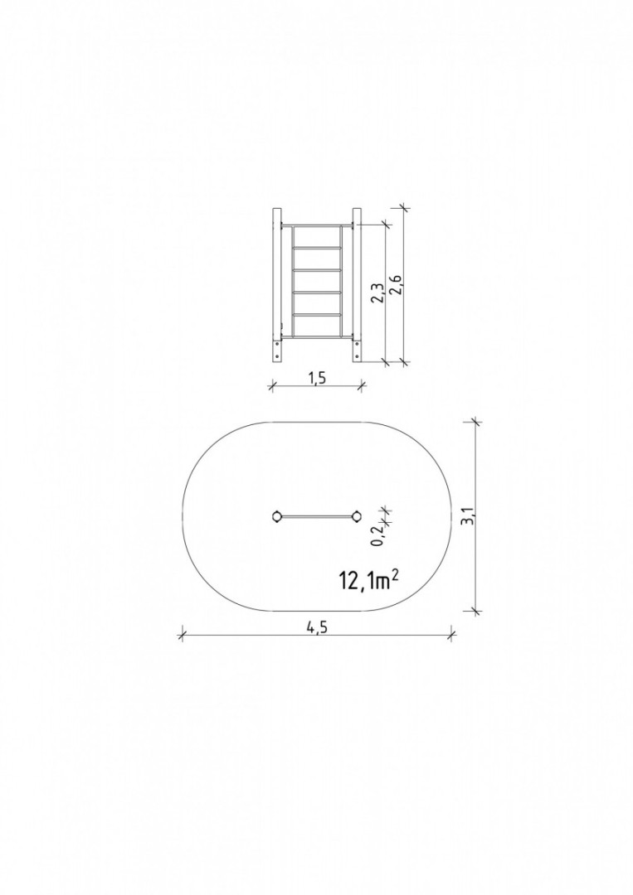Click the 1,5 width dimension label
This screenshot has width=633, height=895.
click(x=317, y=378)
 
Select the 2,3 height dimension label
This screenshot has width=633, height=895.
click(x=377, y=292)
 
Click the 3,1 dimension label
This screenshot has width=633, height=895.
click(x=470, y=515)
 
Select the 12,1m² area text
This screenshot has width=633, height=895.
click(x=368, y=580)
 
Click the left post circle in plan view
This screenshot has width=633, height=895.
click(x=277, y=516)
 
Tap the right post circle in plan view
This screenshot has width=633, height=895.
click(x=357, y=516)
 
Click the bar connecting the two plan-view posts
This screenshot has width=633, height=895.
click(x=317, y=516)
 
